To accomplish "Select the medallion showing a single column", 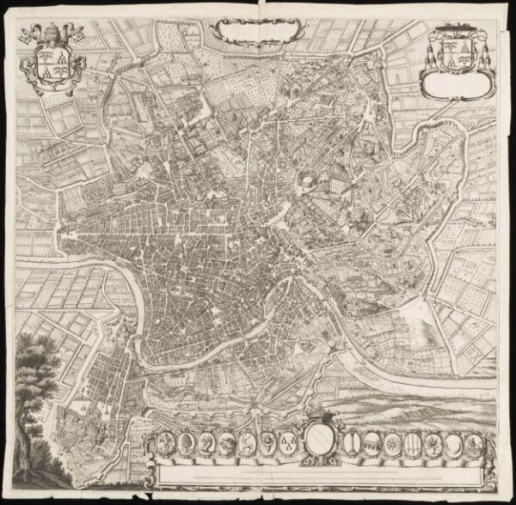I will click(353, 444).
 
